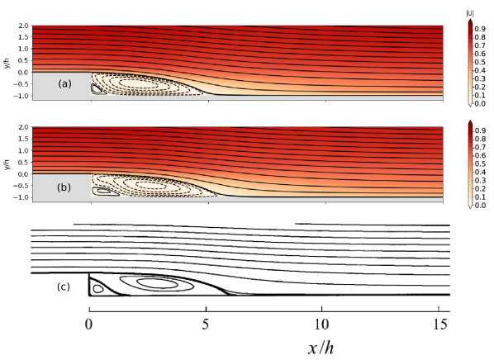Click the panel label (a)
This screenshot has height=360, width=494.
click(65, 83)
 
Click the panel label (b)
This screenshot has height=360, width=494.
click(64, 187)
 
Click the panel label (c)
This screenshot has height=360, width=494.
click(64, 287)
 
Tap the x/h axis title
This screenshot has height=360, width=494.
click(321, 348)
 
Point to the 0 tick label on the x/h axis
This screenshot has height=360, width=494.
click(89, 324)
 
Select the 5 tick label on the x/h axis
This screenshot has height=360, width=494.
click(206, 324)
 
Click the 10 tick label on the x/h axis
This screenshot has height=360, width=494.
click(321, 324)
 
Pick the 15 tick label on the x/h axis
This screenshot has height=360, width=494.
click(439, 324)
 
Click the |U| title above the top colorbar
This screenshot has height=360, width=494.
click(470, 13)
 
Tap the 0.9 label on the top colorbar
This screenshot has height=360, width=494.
click(480, 29)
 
